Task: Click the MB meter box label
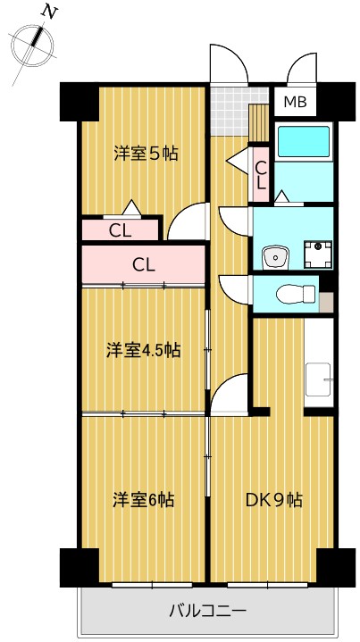pyautogui.click(x=295, y=103)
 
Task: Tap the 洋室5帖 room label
pyautogui.click(x=146, y=154)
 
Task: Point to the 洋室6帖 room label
pyautogui.click(x=143, y=499)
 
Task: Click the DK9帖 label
pyautogui.click(x=274, y=499)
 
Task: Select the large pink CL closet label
pyautogui.click(x=145, y=264)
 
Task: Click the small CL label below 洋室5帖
pyautogui.click(x=121, y=229)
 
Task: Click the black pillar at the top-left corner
pyautogui.click(x=78, y=101)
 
